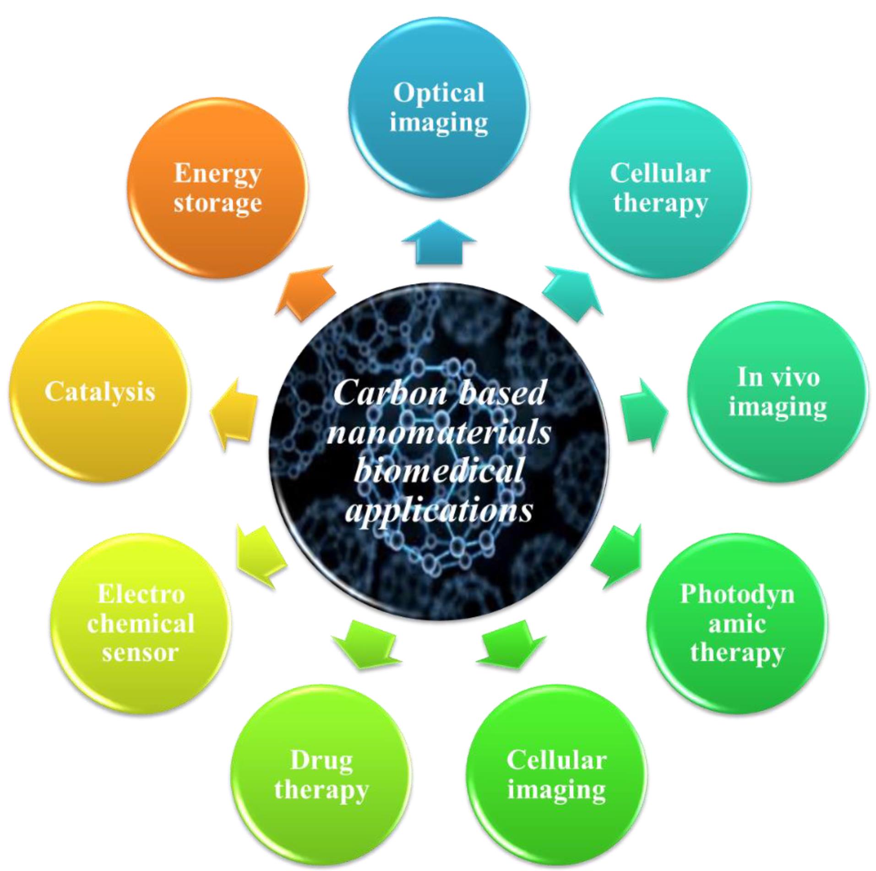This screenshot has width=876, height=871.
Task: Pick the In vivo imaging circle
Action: (778, 391)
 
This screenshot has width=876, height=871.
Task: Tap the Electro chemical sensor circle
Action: (141, 623)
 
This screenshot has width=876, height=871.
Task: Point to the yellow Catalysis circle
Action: (99, 391)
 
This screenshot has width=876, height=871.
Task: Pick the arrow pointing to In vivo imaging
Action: (643, 414)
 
